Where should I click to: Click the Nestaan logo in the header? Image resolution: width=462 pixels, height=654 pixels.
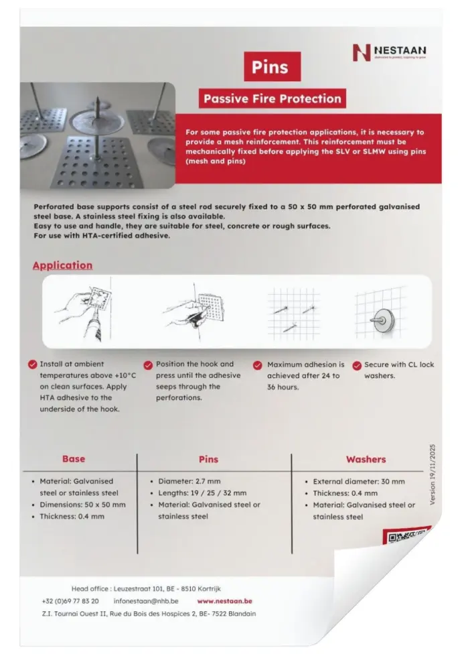pos(388,52)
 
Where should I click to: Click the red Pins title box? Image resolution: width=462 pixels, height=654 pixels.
pos(270,67)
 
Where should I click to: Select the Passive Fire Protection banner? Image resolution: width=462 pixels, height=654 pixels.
pos(272,99)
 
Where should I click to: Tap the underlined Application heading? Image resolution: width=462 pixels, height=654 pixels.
pos(63,265)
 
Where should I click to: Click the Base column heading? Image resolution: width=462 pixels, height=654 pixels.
pos(74,459)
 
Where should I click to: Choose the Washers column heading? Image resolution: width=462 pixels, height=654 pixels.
pos(366,459)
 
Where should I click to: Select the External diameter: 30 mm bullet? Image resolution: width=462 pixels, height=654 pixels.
pos(358,481)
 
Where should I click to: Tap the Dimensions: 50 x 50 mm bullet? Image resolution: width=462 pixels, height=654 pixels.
pos(82,505)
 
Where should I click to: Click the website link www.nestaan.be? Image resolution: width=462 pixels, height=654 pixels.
pos(224,601)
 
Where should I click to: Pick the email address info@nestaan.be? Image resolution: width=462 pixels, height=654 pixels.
pos(146,601)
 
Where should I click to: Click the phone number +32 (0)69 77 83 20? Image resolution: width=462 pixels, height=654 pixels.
pos(70,601)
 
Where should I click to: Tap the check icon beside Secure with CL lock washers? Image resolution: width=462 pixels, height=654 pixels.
pos(356,365)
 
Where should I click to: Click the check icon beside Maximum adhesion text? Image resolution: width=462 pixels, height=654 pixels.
pos(257,365)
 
